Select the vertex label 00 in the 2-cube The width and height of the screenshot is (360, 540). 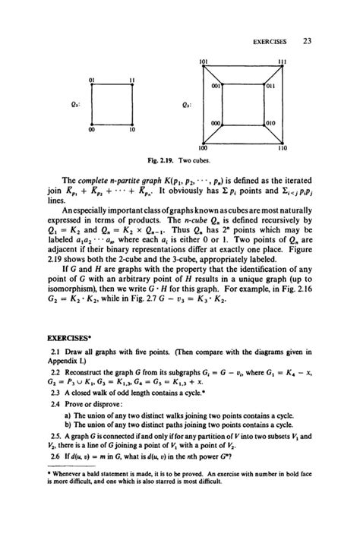tap(90, 130)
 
